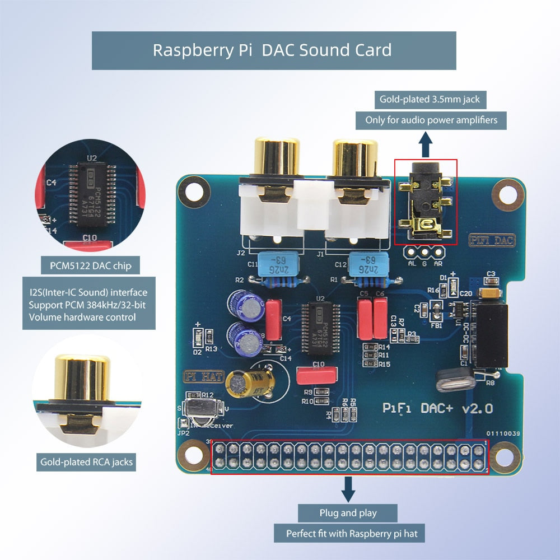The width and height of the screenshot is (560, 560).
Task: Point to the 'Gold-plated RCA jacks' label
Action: point(87,463)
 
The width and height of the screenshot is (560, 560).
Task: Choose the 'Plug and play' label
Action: point(348,513)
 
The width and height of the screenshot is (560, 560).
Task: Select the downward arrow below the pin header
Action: point(348,489)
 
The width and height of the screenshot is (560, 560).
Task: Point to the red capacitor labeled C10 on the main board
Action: point(318,374)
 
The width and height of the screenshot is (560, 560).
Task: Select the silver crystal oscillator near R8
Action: point(455,381)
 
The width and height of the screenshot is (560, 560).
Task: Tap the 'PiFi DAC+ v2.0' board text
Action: point(437,408)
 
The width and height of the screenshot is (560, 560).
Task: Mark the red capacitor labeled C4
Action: point(274,320)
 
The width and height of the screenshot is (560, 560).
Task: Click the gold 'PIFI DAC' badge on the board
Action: point(491,241)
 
